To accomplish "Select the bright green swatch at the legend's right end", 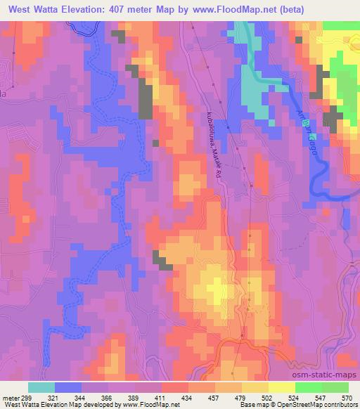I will click(341, 387).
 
